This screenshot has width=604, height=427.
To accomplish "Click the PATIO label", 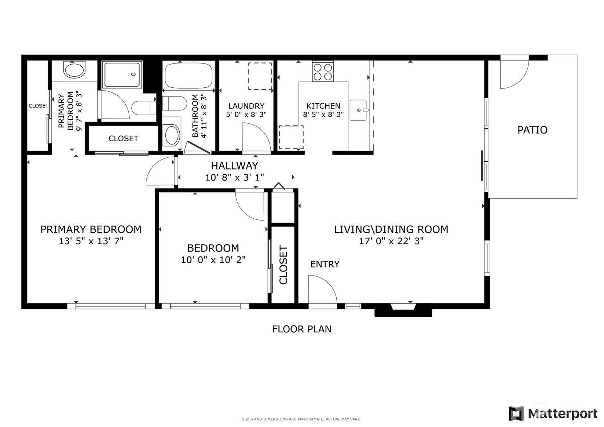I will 532,130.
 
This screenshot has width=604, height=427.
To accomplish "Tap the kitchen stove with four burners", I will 323,72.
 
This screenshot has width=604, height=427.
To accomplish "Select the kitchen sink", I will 358,110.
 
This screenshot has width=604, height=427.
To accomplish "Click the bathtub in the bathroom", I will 188,75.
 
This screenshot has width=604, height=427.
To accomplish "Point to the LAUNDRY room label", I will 246,106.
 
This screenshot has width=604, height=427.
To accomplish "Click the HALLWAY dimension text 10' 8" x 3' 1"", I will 234,178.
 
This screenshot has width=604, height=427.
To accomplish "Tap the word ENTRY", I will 325,264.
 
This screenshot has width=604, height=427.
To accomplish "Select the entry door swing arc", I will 322,290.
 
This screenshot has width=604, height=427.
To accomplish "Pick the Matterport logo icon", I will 516,413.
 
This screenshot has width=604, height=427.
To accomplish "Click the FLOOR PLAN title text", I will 301,329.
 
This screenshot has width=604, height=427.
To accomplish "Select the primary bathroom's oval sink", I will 74,70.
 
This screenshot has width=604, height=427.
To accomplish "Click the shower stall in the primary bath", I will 122,74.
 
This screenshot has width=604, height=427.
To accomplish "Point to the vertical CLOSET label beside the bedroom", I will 283,265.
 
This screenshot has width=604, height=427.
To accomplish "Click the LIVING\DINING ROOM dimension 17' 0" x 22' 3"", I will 391,241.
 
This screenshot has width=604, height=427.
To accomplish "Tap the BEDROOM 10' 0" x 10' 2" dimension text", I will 213,260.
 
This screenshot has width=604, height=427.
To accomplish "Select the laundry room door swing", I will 256,138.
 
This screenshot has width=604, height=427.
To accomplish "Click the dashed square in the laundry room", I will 260,76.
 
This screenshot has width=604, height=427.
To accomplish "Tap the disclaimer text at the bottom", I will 301,419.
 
